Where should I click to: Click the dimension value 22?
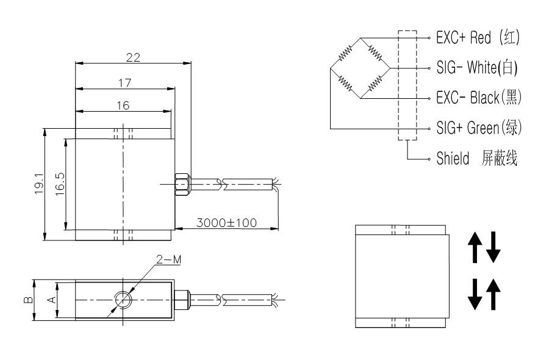[133, 57]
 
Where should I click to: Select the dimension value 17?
[124, 83]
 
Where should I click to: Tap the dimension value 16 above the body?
[123, 106]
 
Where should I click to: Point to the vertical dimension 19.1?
[39, 184]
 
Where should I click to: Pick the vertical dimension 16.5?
[60, 184]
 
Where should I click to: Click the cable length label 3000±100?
[226, 223]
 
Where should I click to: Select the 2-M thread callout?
[169, 259]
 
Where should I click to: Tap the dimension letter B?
[28, 300]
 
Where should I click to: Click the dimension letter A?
[51, 300]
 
